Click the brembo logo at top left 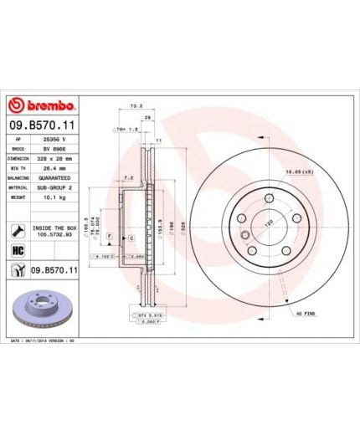pos(42,106)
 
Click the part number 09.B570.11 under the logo pos(43,125)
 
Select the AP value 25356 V pos(56,141)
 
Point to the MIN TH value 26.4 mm pos(56,166)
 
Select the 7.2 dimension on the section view pos(126,178)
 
